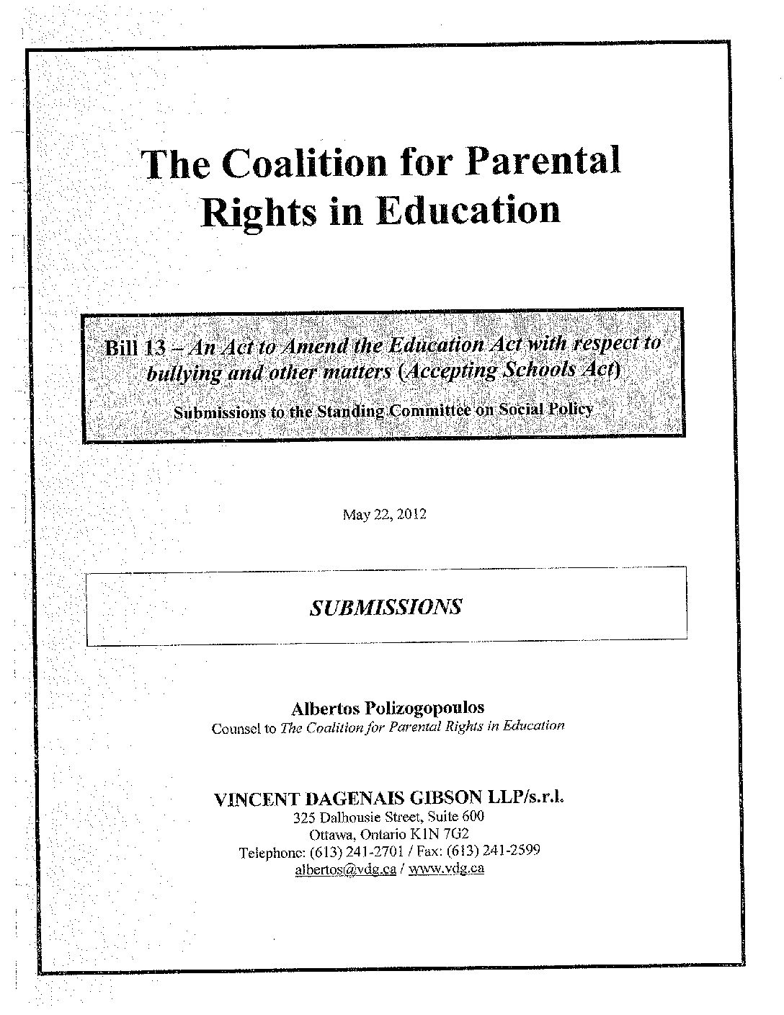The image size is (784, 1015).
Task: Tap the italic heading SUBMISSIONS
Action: (x=386, y=607)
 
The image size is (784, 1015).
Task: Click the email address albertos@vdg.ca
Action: (x=345, y=869)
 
